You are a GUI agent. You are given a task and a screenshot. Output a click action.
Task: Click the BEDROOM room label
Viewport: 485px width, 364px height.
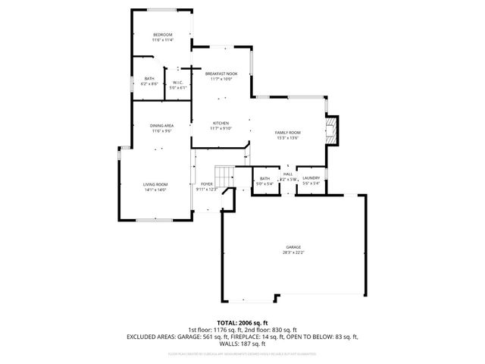tap(162, 35)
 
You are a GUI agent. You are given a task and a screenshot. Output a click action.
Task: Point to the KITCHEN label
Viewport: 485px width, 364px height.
tap(221, 124)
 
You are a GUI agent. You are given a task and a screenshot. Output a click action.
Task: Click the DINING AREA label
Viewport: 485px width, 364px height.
tap(161, 126)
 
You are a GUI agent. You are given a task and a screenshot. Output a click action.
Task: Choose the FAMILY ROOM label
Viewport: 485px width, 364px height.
tap(287, 133)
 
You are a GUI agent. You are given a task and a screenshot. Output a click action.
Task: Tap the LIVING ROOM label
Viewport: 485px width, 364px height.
tap(155, 184)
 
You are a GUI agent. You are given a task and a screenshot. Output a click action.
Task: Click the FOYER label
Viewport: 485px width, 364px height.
tap(206, 184)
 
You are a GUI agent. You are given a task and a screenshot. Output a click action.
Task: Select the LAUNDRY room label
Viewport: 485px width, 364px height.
tap(311, 178)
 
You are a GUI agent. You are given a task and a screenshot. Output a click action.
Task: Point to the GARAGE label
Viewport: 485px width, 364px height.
tap(293, 247)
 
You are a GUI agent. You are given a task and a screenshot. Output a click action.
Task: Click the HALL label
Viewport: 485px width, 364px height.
tap(288, 174)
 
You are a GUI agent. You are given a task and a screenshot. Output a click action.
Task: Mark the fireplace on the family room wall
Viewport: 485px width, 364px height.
tap(331, 130)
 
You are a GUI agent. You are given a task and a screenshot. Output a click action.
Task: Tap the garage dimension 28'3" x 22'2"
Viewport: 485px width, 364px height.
tap(293, 253)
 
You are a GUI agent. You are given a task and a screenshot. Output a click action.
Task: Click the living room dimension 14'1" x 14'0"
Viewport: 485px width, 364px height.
tap(155, 190)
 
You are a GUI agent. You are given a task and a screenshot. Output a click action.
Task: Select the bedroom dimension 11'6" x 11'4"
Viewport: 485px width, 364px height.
tap(162, 40)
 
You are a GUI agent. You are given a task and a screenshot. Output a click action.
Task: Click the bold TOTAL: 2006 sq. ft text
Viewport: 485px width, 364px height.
tap(242, 323)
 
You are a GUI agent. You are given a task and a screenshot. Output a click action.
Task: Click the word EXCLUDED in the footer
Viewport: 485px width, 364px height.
tap(142, 336)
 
